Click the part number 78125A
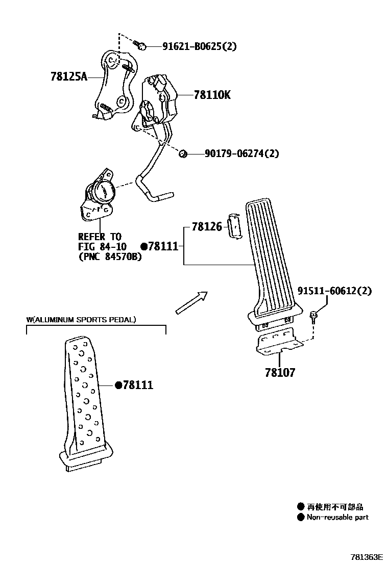(69, 77)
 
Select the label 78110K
(212, 95)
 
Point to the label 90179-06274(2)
(241, 153)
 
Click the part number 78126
(207, 226)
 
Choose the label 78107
(280, 373)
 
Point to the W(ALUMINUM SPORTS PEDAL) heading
(81, 320)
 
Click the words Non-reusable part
(337, 517)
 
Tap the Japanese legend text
(335, 507)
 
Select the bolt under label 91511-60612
(313, 317)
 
